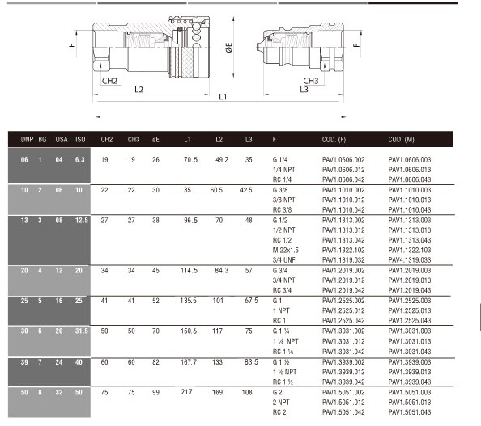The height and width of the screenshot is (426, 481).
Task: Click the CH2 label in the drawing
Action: coord(109,81)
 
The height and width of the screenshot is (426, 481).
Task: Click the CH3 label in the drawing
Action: coord(311,81)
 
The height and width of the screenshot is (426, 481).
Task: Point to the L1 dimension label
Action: coord(223,97)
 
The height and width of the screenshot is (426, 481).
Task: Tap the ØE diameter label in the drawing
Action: coord(229,48)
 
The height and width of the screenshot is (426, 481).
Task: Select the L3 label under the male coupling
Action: coord(304,90)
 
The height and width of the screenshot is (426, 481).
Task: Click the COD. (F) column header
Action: coord(334,140)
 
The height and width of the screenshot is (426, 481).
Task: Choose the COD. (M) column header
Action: coord(402,140)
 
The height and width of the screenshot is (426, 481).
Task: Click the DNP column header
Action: coord(27,140)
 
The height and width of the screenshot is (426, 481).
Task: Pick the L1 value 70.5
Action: coord(190,159)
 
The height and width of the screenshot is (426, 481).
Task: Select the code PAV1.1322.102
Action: coord(343,251)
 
